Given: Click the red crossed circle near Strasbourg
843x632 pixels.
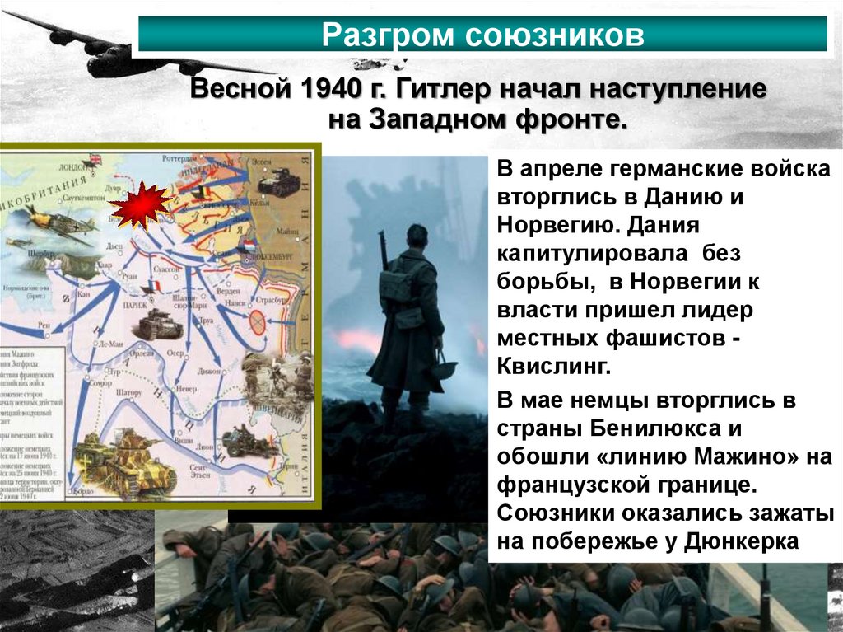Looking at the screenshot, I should click(258, 322).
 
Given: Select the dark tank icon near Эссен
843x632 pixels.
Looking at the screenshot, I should click(278, 182).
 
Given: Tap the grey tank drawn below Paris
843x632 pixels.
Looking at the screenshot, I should click(160, 327).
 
